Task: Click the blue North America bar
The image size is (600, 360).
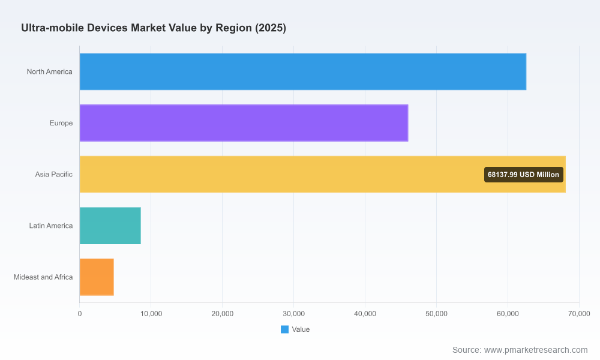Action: tap(302, 71)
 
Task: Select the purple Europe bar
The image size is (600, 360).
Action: tap(244, 123)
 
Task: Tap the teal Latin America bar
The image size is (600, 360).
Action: tap(110, 226)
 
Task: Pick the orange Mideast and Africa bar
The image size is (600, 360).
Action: tap(97, 277)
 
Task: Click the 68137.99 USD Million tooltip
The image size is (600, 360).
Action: tap(523, 175)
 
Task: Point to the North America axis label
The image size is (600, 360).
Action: tap(49, 71)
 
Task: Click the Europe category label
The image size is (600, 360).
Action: tap(61, 123)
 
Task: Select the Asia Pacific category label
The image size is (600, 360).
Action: tap(53, 175)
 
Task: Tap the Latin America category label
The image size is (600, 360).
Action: tap(51, 226)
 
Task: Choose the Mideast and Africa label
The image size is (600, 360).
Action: tap(43, 277)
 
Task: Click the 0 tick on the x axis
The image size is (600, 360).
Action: tap(80, 314)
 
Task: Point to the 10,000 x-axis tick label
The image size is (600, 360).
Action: tap(151, 314)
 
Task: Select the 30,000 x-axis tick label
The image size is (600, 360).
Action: tap(293, 314)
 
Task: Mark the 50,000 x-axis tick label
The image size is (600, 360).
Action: tap(436, 314)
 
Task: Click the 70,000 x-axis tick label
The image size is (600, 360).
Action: tap(579, 314)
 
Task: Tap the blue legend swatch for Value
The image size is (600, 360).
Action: tap(284, 329)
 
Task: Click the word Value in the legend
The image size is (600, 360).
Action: tap(301, 329)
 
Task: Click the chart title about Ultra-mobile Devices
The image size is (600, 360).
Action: tap(154, 28)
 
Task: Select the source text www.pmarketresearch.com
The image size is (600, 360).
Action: tap(536, 350)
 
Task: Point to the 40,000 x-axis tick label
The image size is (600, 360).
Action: tap(365, 314)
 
